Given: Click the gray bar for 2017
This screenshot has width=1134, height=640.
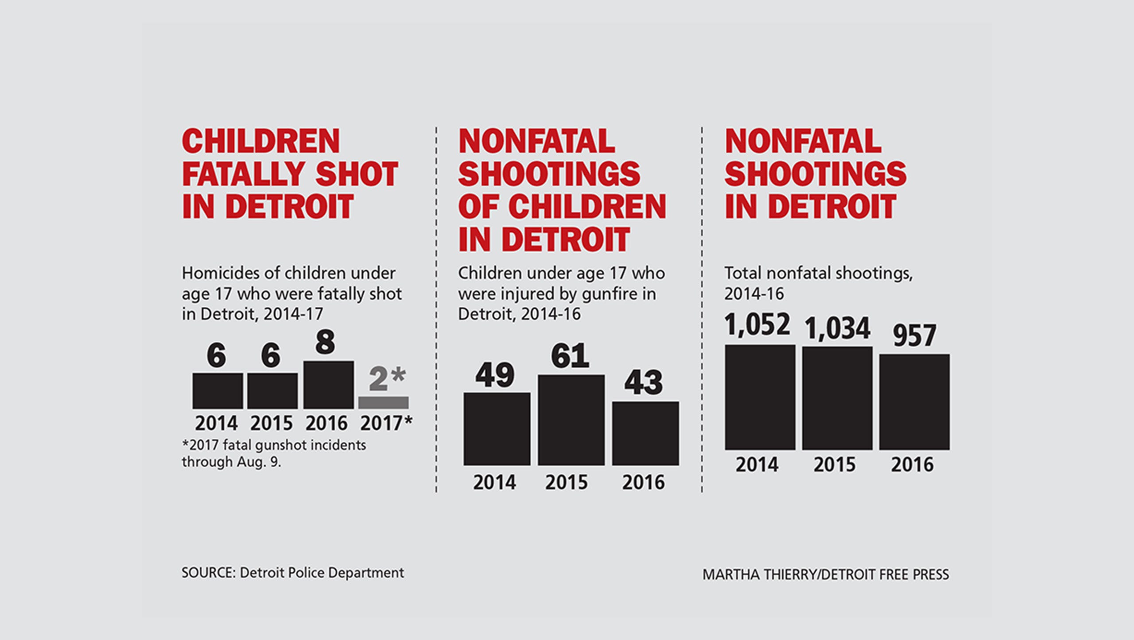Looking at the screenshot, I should (383, 402).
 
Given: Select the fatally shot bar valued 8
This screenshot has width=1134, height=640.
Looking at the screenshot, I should (328, 385).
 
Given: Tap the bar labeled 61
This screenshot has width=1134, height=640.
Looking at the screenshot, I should (571, 420).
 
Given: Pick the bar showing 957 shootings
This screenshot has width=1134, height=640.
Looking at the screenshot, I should (914, 402).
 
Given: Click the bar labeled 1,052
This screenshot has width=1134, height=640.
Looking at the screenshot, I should (760, 397).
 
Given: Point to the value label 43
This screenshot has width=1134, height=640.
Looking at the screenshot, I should (644, 383).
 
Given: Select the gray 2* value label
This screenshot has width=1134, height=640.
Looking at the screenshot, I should (387, 379).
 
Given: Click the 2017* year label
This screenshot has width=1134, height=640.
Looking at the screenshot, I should (386, 424).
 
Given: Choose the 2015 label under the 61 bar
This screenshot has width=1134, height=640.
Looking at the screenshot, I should (566, 482).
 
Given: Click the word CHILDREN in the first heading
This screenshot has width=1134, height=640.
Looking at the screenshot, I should (261, 142).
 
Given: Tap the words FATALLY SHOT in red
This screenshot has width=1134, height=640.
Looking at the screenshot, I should (290, 174).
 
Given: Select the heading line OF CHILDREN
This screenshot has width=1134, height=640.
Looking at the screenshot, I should (562, 207).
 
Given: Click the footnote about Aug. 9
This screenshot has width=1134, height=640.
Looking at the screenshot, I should (274, 453).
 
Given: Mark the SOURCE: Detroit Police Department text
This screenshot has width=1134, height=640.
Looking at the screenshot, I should (292, 573).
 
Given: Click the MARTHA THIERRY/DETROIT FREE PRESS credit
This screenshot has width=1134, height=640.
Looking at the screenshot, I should (826, 574).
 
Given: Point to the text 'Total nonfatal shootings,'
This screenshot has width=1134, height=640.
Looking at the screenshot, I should (818, 274).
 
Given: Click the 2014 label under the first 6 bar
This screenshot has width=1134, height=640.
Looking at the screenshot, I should (216, 424).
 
